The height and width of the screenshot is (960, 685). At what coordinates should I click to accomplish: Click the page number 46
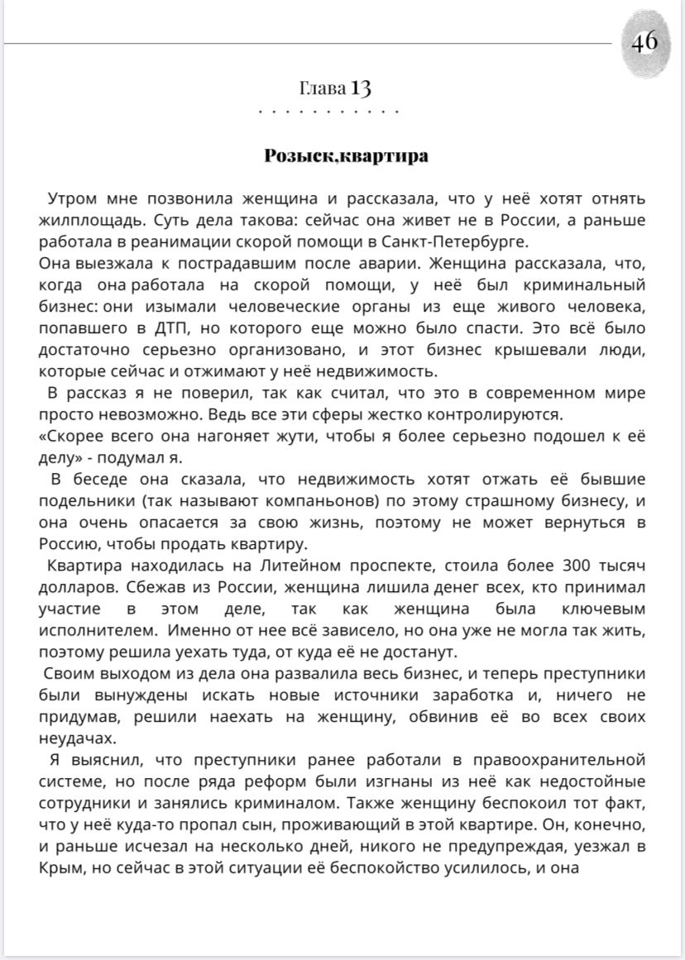pos(644,41)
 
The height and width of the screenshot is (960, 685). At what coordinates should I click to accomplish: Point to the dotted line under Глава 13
pos(328,111)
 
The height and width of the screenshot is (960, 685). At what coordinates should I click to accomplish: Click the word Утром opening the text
pos(73,199)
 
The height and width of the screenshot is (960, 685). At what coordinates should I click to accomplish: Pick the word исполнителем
pos(92,631)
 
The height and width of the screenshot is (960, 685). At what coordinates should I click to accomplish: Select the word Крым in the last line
pos(58,868)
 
